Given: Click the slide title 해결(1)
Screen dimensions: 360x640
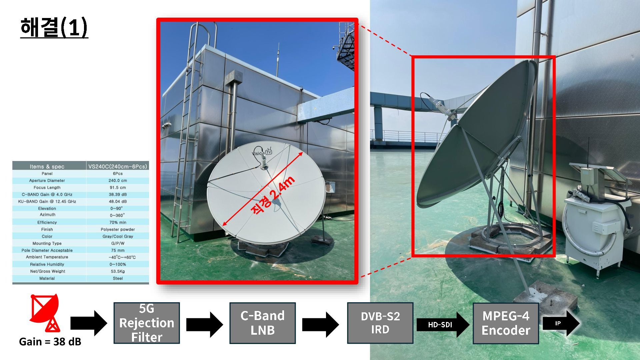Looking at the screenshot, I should [54, 27].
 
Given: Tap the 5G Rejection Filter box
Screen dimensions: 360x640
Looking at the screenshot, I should [147, 323].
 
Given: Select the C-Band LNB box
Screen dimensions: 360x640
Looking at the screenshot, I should [262, 323].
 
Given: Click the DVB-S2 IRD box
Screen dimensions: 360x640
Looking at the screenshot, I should [380, 323].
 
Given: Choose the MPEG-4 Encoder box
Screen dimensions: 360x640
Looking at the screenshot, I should [506, 323].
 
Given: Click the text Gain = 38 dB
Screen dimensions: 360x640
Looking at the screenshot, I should [50, 342].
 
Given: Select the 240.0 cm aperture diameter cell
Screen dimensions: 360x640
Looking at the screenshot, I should [118, 181].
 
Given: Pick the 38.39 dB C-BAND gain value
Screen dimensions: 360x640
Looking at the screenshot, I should [118, 195].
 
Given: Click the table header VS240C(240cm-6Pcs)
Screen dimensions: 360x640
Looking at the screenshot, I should [117, 166].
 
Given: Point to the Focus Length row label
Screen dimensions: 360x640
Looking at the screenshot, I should [47, 188].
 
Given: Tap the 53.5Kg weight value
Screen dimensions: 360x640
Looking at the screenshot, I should [118, 271].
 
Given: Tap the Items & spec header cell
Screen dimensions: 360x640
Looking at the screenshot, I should [47, 166].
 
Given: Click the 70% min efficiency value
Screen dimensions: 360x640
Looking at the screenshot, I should [118, 222].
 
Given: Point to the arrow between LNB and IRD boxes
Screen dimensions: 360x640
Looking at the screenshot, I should [320, 324].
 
